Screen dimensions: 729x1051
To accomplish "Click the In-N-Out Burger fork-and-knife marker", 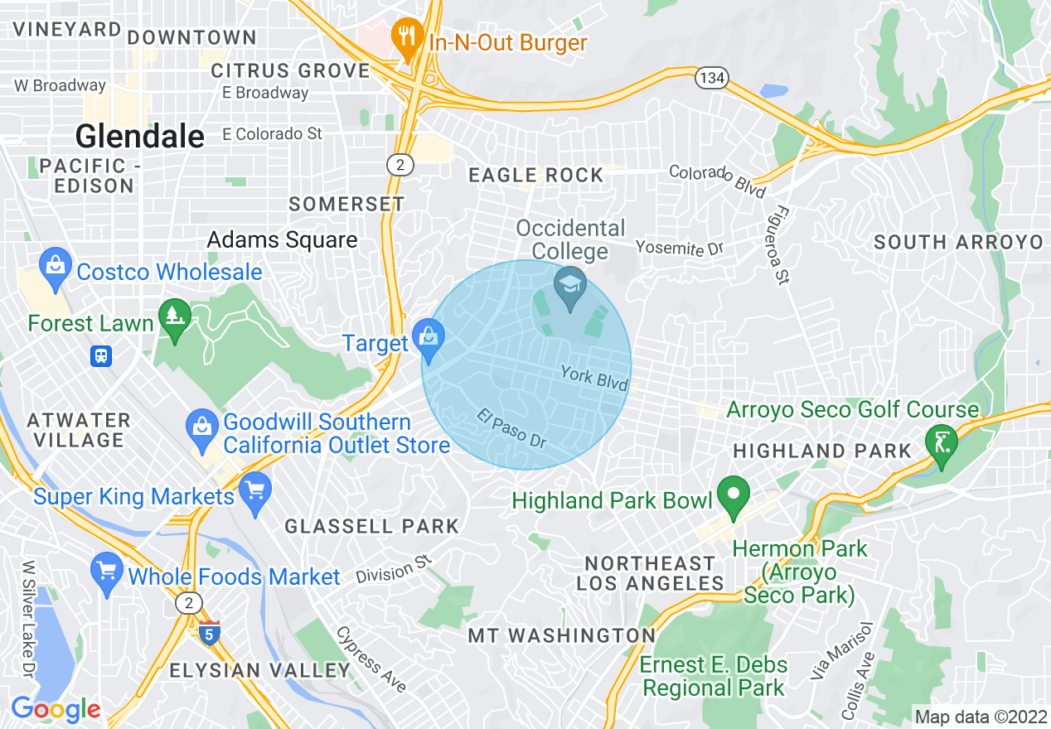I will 405,36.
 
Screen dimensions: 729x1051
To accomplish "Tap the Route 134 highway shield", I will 712,78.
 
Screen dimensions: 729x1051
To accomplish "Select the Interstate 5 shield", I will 210,633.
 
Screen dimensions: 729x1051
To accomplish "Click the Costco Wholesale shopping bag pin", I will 56,267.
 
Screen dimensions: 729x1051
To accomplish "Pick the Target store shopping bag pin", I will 429,338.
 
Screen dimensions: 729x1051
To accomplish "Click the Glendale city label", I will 140,137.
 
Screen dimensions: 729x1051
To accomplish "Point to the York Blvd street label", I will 593,377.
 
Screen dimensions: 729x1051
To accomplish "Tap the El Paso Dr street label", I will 512,428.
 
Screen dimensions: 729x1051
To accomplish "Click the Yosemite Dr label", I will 680,248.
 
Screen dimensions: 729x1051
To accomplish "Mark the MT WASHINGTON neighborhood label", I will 562,635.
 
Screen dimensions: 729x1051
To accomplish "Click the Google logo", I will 56,710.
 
